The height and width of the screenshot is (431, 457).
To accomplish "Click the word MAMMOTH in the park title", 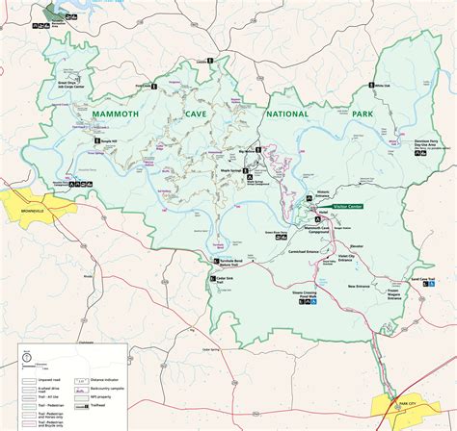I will point(120,114).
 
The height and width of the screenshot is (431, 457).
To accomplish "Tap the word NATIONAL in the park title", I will point(282,114).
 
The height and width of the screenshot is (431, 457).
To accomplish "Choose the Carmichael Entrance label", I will point(303,252).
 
